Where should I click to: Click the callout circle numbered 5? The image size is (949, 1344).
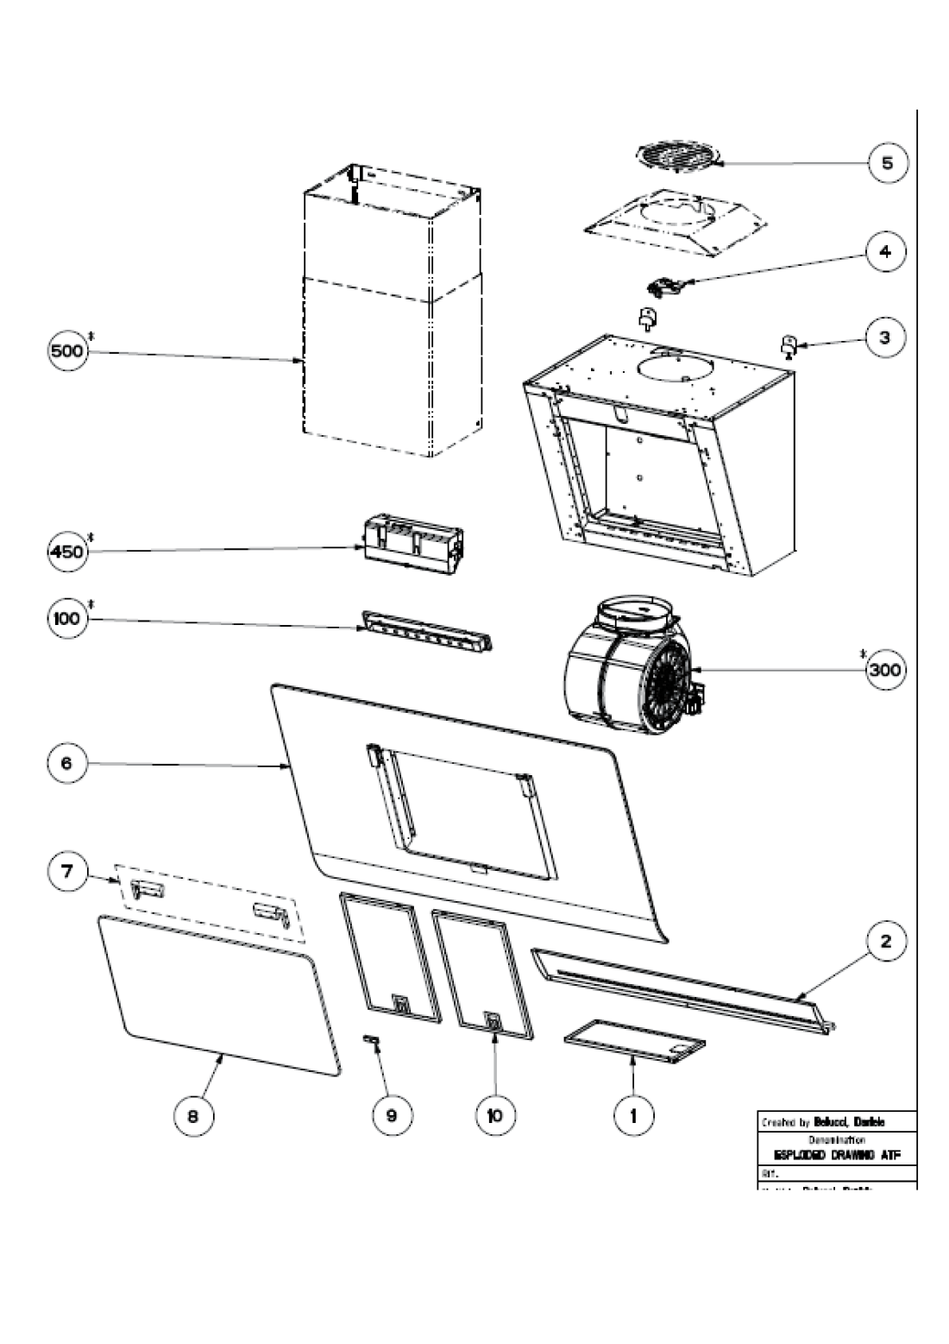[x=887, y=162]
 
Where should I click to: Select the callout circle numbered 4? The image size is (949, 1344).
[x=886, y=252]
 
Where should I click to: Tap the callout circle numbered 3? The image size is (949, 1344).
[x=884, y=338]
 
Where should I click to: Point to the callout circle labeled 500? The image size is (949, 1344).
[x=66, y=352]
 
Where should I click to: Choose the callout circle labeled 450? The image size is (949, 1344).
[x=66, y=551]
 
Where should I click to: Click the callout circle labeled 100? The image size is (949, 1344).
[x=66, y=619]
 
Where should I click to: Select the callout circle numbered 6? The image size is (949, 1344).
[x=66, y=763]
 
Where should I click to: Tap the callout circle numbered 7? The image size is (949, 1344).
[x=66, y=872]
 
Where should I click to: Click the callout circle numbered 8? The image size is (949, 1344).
[x=192, y=1115]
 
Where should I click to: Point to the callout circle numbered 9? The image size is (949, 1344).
[x=392, y=1115]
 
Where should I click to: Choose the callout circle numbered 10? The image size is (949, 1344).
[x=495, y=1115]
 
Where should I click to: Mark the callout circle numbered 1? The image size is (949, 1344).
[x=633, y=1115]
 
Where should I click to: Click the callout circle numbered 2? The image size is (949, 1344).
[x=886, y=942]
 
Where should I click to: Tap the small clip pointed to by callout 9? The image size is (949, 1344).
[x=372, y=1040]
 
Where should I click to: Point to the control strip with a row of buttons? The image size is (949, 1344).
[x=427, y=631]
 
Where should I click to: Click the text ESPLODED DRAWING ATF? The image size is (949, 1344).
[x=834, y=1154]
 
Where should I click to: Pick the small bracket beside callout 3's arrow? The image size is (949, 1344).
[x=789, y=346]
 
